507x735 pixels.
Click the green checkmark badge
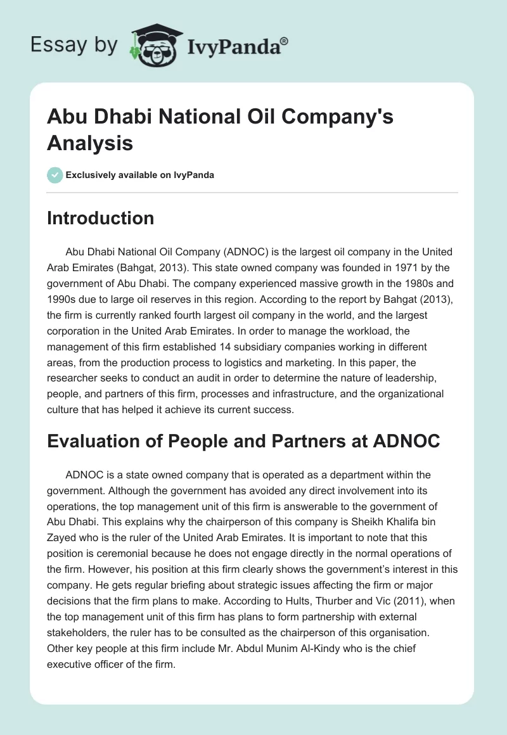(55, 175)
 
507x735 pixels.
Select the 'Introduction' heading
(101, 219)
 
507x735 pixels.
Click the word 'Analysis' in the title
(90, 143)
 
